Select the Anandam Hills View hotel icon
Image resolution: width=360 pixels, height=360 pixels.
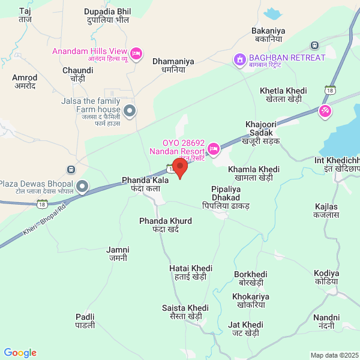[137, 54]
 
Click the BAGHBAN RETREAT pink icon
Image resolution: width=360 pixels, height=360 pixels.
[239, 59]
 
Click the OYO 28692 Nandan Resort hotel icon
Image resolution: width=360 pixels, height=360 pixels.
[212, 148]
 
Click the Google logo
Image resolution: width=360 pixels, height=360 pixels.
[20, 353]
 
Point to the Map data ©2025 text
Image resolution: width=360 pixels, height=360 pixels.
[334, 355]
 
